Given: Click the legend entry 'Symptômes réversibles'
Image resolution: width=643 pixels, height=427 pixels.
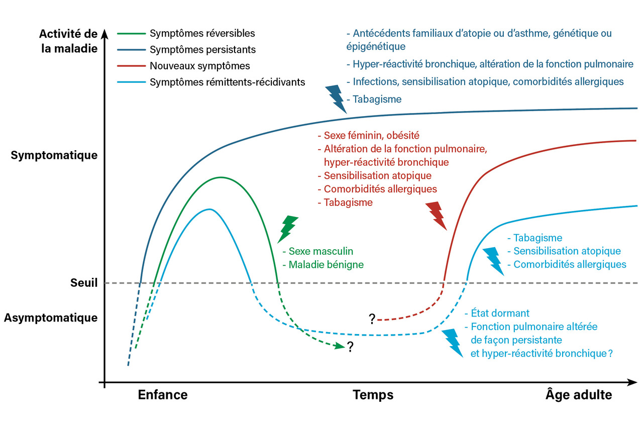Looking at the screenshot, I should pyautogui.click(x=202, y=34).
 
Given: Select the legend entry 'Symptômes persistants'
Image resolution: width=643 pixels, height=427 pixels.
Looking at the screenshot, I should pyautogui.click(x=202, y=50).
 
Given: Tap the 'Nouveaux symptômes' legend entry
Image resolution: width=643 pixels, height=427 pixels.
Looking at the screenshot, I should pyautogui.click(x=199, y=66).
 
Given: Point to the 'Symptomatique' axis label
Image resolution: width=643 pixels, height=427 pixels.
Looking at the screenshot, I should pyautogui.click(x=54, y=155).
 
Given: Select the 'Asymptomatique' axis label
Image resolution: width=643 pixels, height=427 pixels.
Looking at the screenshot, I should pyautogui.click(x=51, y=317).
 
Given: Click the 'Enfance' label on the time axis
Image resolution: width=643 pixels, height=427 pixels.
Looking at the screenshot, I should pyautogui.click(x=163, y=395).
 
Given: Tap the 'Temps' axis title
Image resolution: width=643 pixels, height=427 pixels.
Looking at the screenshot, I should pyautogui.click(x=373, y=395).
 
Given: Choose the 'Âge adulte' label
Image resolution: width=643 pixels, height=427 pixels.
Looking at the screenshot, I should pyautogui.click(x=579, y=395).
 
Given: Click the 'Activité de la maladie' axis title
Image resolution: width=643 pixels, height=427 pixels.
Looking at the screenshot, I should pyautogui.click(x=68, y=42).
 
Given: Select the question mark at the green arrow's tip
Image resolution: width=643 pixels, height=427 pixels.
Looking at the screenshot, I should pyautogui.click(x=350, y=347).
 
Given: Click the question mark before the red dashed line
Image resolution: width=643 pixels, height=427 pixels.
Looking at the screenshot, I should pyautogui.click(x=372, y=319).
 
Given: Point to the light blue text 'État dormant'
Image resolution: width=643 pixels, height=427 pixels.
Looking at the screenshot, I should pyautogui.click(x=500, y=313).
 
